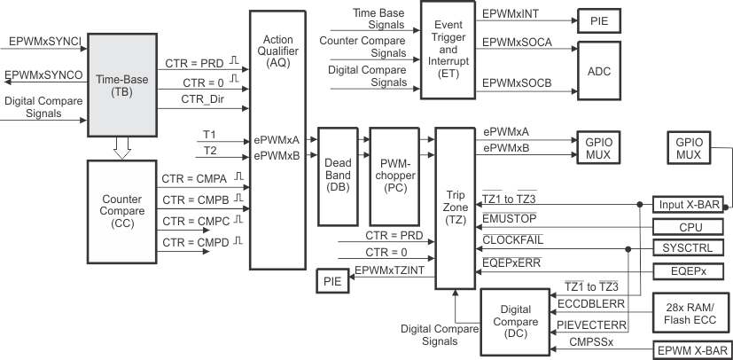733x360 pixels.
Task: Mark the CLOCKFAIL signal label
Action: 513,239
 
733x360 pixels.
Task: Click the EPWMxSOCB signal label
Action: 516,83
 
